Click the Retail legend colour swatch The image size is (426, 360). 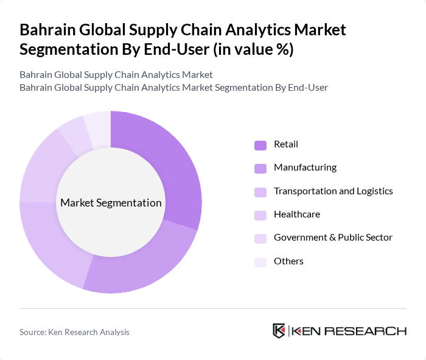click(260, 145)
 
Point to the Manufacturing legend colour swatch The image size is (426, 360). click(260, 168)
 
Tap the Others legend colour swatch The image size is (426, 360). click(260, 262)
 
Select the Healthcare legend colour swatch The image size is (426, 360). click(260, 215)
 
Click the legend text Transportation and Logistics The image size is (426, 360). click(333, 191)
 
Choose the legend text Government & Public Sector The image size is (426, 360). click(333, 238)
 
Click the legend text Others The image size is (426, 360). click(288, 261)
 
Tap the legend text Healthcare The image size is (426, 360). click(296, 214)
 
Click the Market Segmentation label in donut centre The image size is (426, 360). click(111, 203)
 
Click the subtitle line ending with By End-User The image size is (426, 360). click(173, 88)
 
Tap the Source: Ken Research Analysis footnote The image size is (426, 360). click(74, 332)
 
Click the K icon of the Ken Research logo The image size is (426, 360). click(279, 331)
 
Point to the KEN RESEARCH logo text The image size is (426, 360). click(349, 331)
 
